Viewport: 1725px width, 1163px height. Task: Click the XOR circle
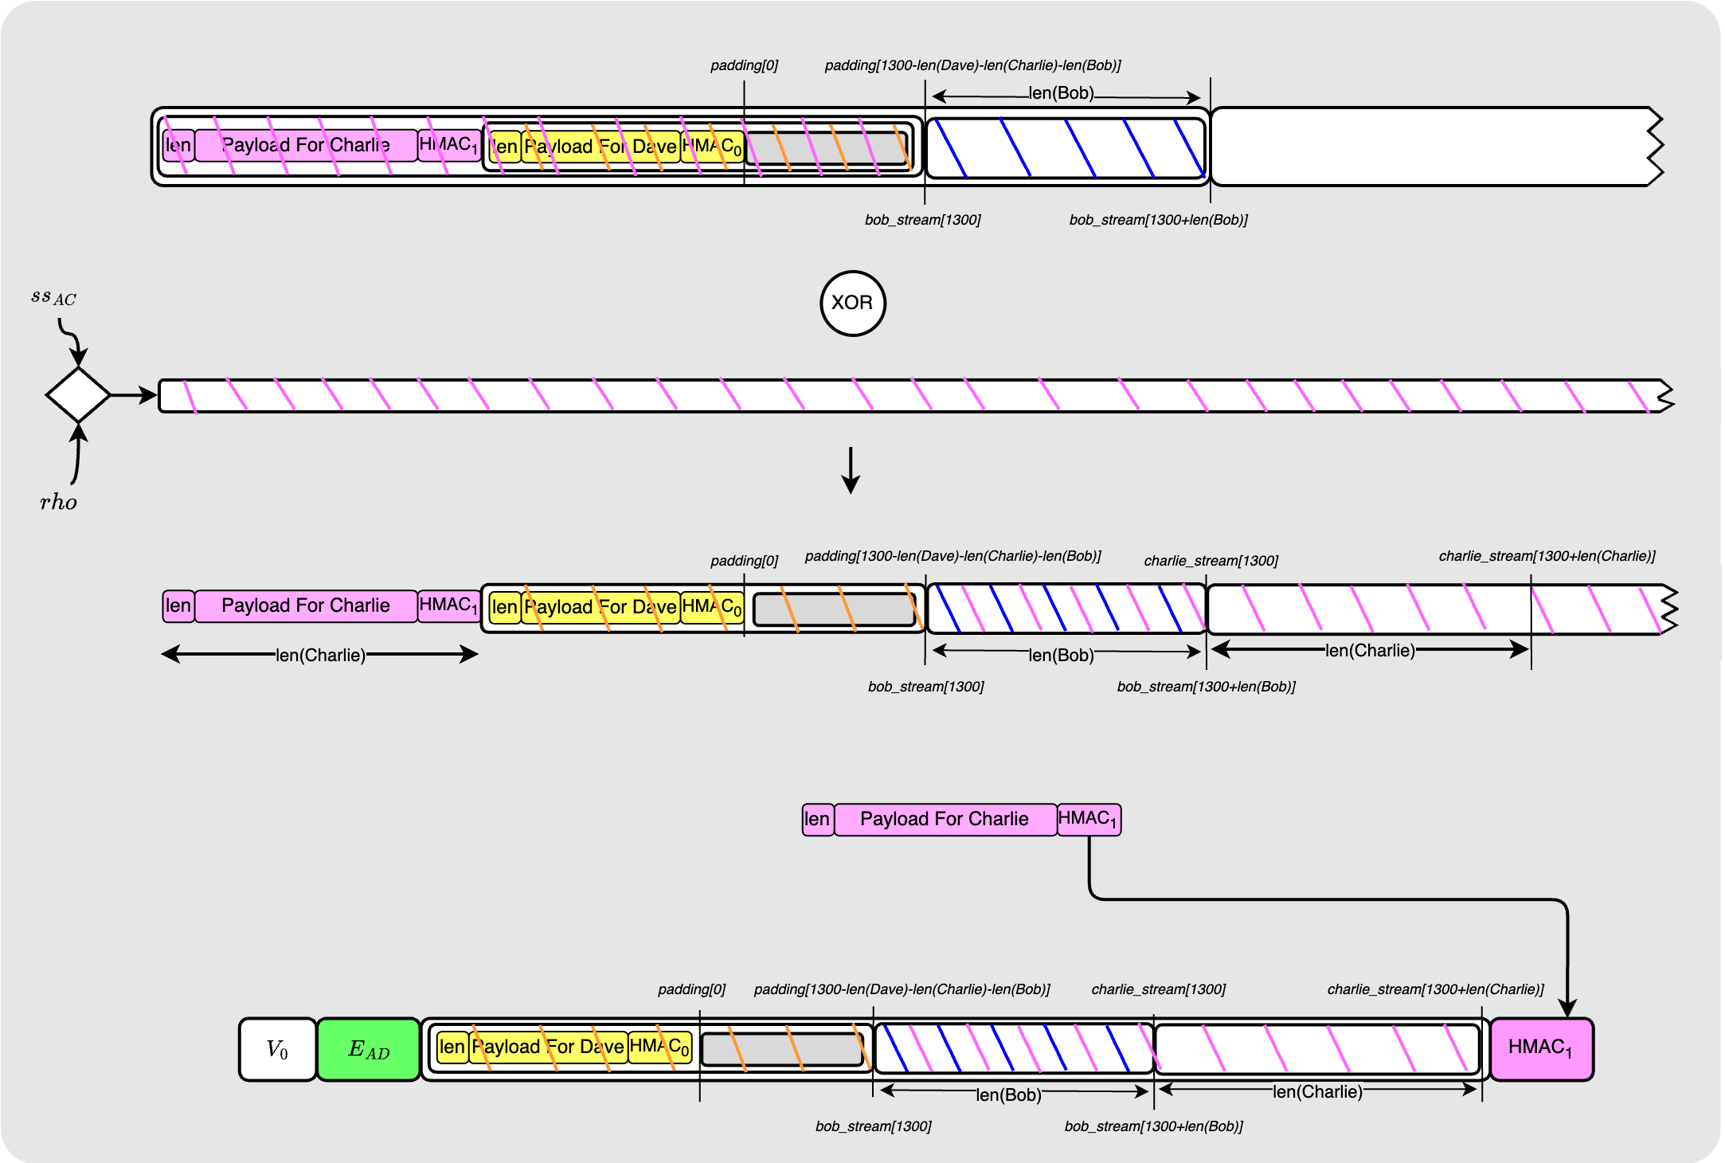tap(852, 303)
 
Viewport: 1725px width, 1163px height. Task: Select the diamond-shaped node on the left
tap(78, 394)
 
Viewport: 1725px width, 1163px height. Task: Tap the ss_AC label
tap(53, 298)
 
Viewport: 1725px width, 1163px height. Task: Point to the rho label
tap(58, 502)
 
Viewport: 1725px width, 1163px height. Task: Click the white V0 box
tap(277, 1049)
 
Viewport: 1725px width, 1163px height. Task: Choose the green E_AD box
tap(368, 1049)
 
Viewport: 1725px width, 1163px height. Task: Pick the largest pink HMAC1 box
tap(1541, 1049)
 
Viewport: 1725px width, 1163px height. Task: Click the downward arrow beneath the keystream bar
tap(851, 470)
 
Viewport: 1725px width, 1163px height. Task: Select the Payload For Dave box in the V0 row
tap(548, 1047)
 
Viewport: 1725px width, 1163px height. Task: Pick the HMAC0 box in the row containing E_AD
tap(659, 1047)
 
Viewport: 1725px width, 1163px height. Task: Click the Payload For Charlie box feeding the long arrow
tap(945, 820)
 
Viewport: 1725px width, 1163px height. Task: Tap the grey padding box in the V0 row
tap(782, 1049)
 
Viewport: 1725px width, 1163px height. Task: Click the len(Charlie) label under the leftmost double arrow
tap(320, 656)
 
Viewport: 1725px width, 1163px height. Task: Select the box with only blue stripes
tap(1066, 147)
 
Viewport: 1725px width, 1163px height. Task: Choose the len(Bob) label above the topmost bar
tap(1061, 93)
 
